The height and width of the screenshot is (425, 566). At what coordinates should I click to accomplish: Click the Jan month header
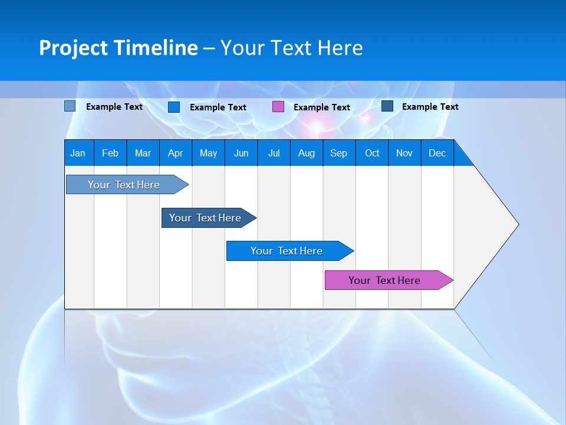click(78, 153)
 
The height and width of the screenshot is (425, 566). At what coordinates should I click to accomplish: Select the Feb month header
click(110, 153)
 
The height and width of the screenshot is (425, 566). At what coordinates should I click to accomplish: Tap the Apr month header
click(175, 153)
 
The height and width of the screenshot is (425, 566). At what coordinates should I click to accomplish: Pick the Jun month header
click(241, 153)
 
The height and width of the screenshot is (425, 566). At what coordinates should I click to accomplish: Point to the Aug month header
click(306, 153)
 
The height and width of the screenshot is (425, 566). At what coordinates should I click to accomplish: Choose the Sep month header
click(338, 153)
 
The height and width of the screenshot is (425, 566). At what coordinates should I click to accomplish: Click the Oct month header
click(372, 153)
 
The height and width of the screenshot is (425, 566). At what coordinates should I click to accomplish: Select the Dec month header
click(437, 153)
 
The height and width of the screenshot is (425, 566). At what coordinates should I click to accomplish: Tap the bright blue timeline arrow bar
click(287, 251)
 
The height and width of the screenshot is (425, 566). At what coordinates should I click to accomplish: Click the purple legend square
click(278, 107)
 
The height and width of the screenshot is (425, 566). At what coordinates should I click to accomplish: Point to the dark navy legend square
click(387, 106)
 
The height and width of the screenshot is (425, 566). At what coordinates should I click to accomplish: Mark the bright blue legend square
click(174, 107)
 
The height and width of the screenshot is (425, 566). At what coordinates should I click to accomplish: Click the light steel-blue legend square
click(70, 106)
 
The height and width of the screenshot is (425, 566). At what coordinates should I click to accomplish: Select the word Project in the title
click(73, 48)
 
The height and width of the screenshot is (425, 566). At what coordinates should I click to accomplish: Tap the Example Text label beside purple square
click(322, 107)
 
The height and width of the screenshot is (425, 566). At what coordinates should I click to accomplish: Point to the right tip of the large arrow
click(518, 224)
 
